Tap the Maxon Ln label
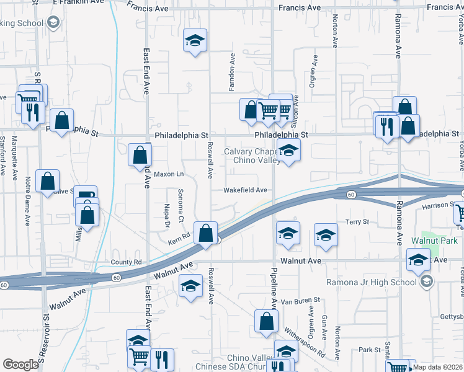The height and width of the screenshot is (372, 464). click(x=169, y=174)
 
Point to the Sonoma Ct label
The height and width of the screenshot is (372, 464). click(x=181, y=205)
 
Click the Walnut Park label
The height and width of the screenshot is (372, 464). click(x=434, y=240)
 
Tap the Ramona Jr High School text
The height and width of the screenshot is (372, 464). click(x=372, y=283)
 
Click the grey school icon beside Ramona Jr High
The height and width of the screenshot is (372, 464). click(x=426, y=282)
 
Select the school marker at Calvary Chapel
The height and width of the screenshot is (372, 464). click(x=288, y=151)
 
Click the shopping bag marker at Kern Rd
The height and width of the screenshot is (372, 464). click(x=205, y=233)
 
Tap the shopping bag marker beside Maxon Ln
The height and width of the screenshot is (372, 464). click(x=140, y=155)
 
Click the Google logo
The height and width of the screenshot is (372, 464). click(x=20, y=364)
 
